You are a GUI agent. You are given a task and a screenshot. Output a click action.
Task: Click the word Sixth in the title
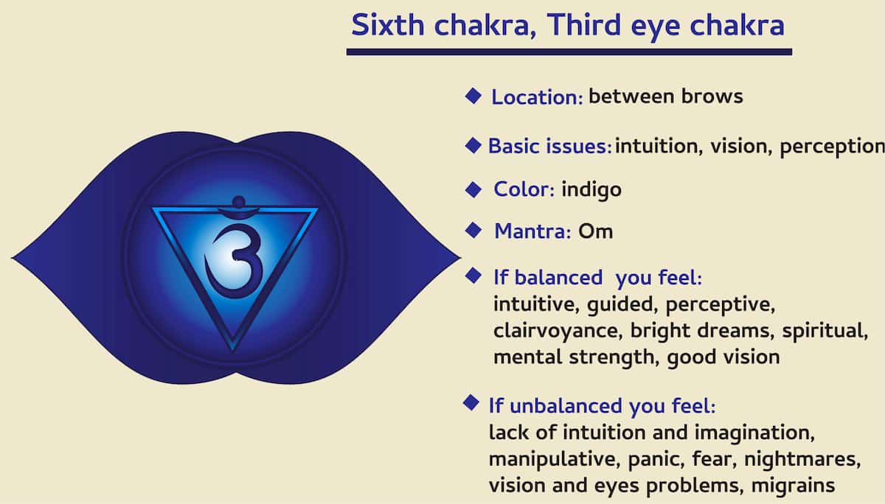(x=388, y=26)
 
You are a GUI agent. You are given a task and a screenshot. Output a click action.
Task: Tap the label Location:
(x=538, y=97)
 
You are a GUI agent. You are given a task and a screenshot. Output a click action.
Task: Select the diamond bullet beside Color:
(x=473, y=189)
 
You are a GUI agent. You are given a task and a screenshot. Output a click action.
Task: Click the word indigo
(x=591, y=189)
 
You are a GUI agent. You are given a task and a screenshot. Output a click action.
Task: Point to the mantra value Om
(x=595, y=231)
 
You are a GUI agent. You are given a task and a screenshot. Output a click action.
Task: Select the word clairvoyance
(x=558, y=331)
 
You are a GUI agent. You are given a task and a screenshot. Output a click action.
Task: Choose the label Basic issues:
(x=549, y=146)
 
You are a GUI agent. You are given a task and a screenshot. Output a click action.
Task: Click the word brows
(x=714, y=97)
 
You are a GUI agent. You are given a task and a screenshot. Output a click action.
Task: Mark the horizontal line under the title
(x=569, y=52)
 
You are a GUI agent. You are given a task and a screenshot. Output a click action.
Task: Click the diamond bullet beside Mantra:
(x=473, y=231)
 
